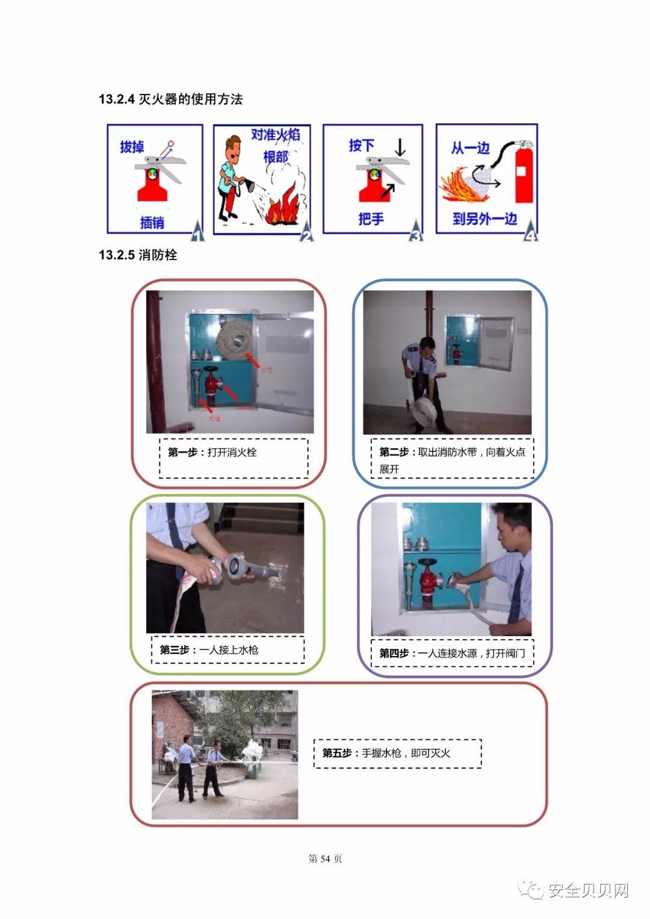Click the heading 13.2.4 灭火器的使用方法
pyautogui.click(x=170, y=99)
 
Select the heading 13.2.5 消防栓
pyautogui.click(x=138, y=255)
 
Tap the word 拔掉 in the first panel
pyautogui.click(x=132, y=146)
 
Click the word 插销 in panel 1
pyautogui.click(x=152, y=222)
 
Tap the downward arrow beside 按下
pyautogui.click(x=400, y=146)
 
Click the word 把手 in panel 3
pyautogui.click(x=371, y=218)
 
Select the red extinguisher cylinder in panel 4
pyautogui.click(x=523, y=175)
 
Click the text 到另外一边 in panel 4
pyautogui.click(x=484, y=218)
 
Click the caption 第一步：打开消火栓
pyautogui.click(x=212, y=452)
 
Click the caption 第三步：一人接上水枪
pyautogui.click(x=209, y=650)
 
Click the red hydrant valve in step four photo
pyautogui.click(x=427, y=578)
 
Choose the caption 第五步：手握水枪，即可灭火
pyautogui.click(x=386, y=753)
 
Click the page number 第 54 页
pyautogui.click(x=325, y=859)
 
